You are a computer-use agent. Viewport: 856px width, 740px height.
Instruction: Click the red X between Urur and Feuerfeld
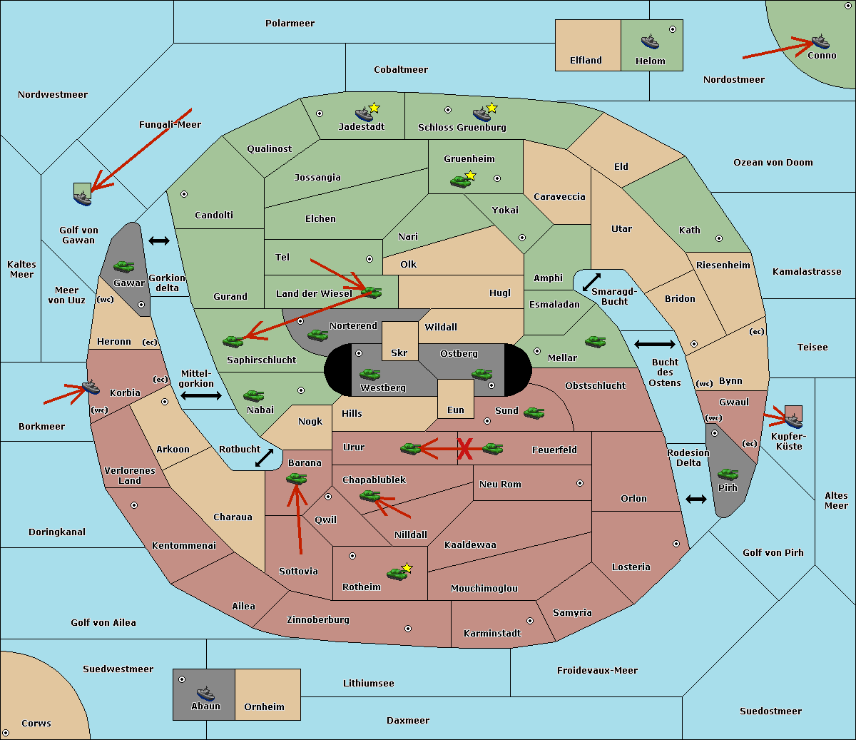pyautogui.click(x=465, y=450)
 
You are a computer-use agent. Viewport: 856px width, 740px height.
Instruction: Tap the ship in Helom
pyautogui.click(x=649, y=41)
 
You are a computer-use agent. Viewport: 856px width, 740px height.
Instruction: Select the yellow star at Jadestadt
pyautogui.click(x=374, y=108)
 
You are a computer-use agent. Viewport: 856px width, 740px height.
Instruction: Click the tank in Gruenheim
pyautogui.click(x=460, y=181)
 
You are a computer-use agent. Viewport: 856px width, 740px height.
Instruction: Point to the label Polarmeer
pyautogui.click(x=290, y=24)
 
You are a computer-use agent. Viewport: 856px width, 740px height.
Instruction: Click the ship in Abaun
pyautogui.click(x=205, y=694)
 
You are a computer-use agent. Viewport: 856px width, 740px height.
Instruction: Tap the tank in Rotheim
pyautogui.click(x=397, y=573)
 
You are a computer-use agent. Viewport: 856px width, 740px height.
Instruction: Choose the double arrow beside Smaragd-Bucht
pyautogui.click(x=592, y=282)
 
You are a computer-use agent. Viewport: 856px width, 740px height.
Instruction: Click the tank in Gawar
pyautogui.click(x=123, y=267)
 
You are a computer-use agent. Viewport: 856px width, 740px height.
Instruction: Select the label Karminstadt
pyautogui.click(x=492, y=634)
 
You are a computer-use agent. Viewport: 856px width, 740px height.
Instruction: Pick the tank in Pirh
pyautogui.click(x=728, y=475)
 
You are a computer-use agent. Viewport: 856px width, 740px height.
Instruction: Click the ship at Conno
pyautogui.click(x=820, y=41)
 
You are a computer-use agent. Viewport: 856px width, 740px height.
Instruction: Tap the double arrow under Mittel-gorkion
pyautogui.click(x=201, y=396)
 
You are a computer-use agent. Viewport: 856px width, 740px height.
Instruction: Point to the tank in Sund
pyautogui.click(x=534, y=412)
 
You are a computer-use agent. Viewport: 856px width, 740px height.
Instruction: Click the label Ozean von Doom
pyautogui.click(x=773, y=163)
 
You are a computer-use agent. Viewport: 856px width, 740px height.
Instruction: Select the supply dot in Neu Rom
pyautogui.click(x=580, y=483)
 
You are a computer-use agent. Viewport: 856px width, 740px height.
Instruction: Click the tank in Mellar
pyautogui.click(x=595, y=342)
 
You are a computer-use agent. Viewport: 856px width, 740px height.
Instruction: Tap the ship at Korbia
pyautogui.click(x=91, y=387)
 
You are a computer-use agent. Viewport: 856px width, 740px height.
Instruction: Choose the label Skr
pyautogui.click(x=399, y=353)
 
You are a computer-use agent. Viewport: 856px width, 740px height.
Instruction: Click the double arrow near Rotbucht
pyautogui.click(x=264, y=457)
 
